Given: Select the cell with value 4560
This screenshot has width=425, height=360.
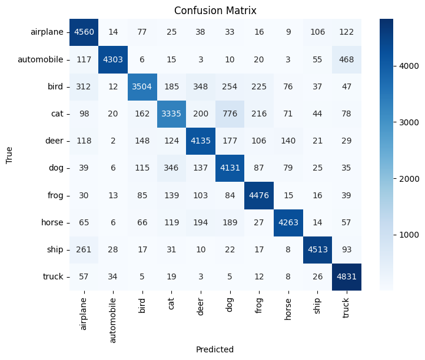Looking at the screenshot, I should pyautogui.click(x=84, y=32).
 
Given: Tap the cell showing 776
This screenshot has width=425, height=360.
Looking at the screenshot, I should pyautogui.click(x=230, y=114).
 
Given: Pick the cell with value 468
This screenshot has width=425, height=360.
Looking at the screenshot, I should pyautogui.click(x=346, y=59).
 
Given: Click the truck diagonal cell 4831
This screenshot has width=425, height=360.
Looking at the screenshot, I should pyautogui.click(x=346, y=276).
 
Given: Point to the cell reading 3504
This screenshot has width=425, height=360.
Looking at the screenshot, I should pyautogui.click(x=142, y=86).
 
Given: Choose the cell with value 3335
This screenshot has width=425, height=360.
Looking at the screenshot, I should pyautogui.click(x=171, y=114).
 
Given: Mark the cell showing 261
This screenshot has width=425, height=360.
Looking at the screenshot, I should pyautogui.click(x=84, y=249).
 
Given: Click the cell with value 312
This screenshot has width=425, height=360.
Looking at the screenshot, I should pyautogui.click(x=84, y=86).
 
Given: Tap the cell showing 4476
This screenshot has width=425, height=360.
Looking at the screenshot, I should pyautogui.click(x=259, y=195).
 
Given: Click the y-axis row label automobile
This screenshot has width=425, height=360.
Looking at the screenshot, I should pyautogui.click(x=40, y=59).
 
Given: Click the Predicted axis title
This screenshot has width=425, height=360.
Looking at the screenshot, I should pyautogui.click(x=215, y=349).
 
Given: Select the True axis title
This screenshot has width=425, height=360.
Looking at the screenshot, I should pyautogui.click(x=9, y=154).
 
